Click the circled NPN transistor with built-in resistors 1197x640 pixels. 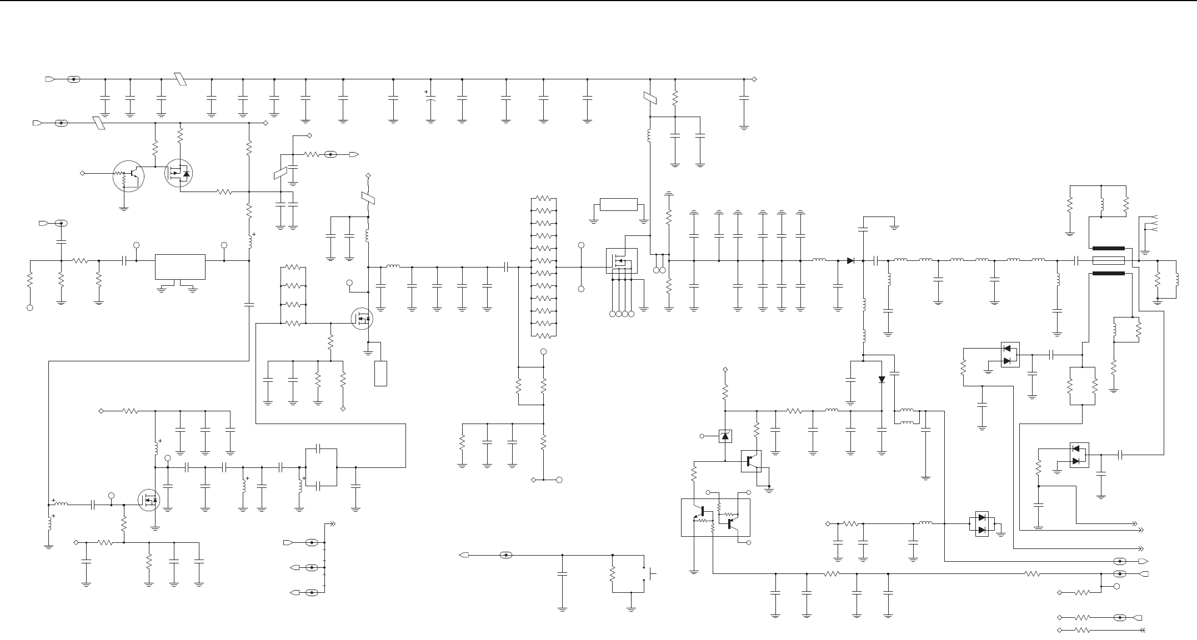coord(128,176)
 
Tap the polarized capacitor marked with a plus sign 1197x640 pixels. coord(430,100)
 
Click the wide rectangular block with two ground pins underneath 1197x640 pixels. coord(180,267)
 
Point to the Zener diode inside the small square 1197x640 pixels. coord(724,436)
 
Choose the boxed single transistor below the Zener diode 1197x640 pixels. coord(751,461)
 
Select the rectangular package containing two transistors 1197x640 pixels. coord(715,517)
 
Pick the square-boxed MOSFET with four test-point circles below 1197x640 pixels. coord(622,261)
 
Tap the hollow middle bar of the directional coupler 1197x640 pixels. coord(1108,260)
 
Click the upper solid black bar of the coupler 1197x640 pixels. coord(1108,248)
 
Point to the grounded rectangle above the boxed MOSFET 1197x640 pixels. coord(619,204)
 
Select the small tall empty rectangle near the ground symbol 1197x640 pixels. coord(380,373)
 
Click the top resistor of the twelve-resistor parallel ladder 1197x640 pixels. coord(543,198)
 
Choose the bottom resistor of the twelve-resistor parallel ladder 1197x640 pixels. coord(543,336)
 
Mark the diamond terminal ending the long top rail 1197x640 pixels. coord(754,79)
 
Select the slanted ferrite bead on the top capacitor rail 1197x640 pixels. coord(180,79)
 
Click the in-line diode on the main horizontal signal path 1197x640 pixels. coord(850,260)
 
